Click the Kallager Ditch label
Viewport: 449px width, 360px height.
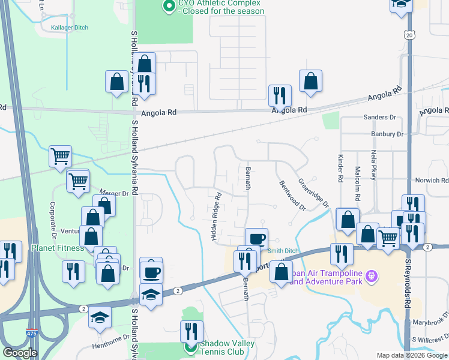tap(69, 28)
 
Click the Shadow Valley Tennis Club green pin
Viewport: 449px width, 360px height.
tap(190, 347)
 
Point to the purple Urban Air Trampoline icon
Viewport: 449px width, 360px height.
tap(372, 275)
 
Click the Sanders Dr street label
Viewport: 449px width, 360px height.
tap(380, 118)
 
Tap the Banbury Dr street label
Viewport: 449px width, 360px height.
tap(387, 134)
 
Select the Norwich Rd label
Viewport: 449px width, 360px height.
tap(432, 180)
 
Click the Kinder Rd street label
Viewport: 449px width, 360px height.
tap(340, 170)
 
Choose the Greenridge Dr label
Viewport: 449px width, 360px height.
tap(314, 191)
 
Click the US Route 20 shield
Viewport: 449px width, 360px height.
tap(409, 36)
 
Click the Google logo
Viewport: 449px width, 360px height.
tap(20, 353)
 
